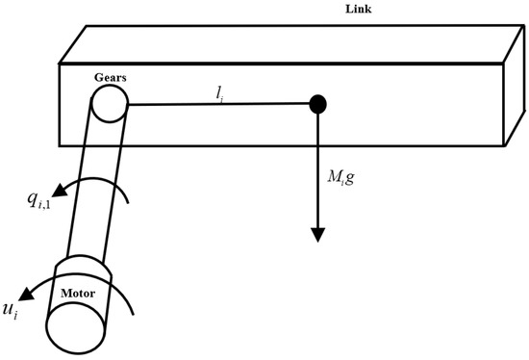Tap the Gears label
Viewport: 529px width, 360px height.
coord(111,76)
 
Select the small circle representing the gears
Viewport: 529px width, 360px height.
coord(110,104)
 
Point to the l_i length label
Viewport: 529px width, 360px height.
coord(222,91)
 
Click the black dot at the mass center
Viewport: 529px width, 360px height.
coord(317,103)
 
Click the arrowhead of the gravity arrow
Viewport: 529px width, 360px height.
coord(317,235)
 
